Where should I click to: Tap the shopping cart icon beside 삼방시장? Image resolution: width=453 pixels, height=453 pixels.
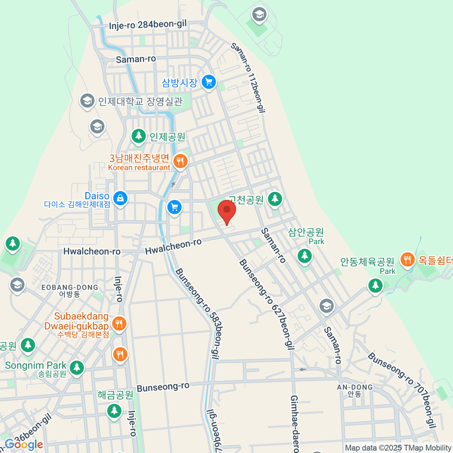click(x=209, y=82)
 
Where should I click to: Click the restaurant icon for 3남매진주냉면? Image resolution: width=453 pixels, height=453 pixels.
click(x=180, y=162)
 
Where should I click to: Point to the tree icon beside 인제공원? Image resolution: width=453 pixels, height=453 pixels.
click(x=139, y=136)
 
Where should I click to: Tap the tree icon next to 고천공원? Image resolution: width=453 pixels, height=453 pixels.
click(x=275, y=199)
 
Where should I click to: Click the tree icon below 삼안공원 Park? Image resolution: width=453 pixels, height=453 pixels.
click(x=305, y=256)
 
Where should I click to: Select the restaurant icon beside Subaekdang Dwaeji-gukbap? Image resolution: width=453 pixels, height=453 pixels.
click(x=119, y=324)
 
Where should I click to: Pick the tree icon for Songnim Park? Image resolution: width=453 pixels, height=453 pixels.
click(x=77, y=367)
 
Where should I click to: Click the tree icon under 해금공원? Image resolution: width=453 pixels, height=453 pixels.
click(x=114, y=410)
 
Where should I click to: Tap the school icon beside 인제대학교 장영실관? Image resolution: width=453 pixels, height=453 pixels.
click(x=87, y=101)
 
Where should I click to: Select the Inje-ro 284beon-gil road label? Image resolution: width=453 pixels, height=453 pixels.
click(x=148, y=25)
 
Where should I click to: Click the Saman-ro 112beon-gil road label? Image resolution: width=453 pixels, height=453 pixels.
click(x=248, y=78)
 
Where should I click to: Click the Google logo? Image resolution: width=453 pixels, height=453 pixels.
click(x=23, y=445)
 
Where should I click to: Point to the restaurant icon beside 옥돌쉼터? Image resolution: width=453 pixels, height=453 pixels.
click(x=407, y=260)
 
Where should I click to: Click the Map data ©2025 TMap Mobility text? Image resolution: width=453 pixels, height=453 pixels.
click(x=398, y=448)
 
